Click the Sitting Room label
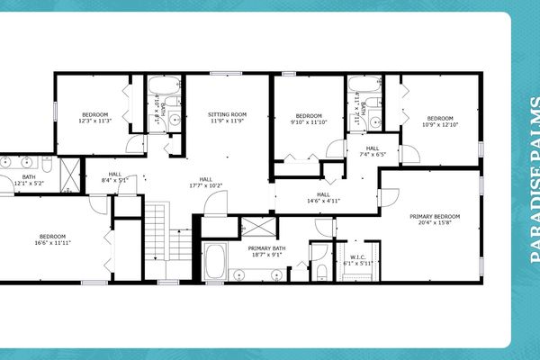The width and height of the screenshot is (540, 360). click(227, 115)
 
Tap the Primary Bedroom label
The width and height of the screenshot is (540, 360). click(435, 217)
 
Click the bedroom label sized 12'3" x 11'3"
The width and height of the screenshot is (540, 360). click(94, 115)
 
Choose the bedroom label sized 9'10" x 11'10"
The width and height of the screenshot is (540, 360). click(309, 116)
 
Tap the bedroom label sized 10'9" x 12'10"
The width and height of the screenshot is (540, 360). click(439, 119)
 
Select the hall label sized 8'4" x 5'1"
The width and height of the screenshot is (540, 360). click(115, 175)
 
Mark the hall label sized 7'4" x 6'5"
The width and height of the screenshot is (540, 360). click(372, 148)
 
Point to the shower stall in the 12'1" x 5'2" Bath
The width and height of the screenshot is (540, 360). click(69, 175)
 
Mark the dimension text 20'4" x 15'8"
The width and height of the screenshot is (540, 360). click(435, 224)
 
